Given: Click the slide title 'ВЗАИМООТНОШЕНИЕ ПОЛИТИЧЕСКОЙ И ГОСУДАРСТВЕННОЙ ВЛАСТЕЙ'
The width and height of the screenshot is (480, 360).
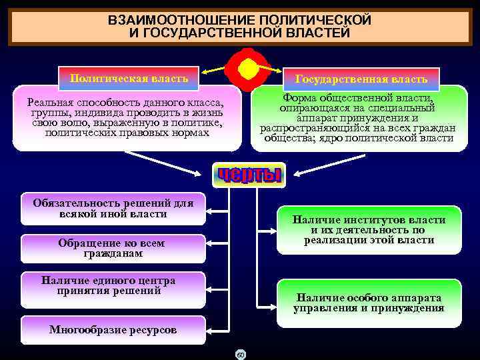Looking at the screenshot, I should click(x=239, y=26).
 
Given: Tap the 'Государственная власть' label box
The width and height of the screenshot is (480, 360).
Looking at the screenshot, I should click(x=361, y=79).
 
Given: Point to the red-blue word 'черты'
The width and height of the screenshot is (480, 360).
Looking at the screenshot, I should click(x=248, y=175).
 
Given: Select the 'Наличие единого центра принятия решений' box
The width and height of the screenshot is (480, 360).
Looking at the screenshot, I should click(x=109, y=285).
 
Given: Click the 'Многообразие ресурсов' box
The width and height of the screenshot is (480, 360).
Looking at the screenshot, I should click(x=113, y=329).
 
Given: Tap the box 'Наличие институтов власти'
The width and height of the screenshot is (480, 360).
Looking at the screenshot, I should click(x=369, y=229).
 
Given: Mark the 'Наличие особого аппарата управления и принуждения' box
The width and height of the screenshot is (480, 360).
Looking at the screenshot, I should click(x=369, y=303).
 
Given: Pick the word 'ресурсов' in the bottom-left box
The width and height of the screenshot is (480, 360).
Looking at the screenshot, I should click(x=154, y=329).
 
